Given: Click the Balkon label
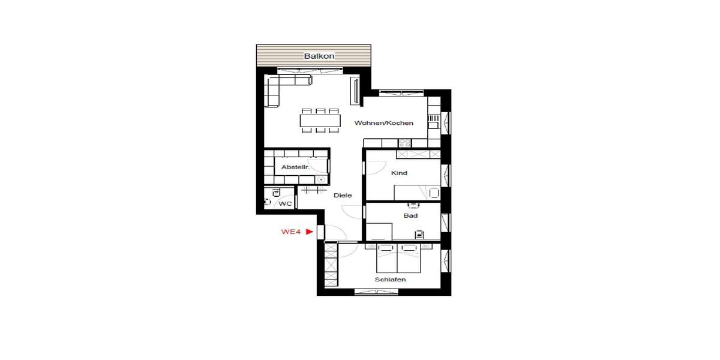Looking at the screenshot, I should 319,56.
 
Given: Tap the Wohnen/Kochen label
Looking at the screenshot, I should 383,123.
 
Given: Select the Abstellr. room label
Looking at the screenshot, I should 295,167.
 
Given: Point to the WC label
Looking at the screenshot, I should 285,204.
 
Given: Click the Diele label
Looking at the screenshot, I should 343,195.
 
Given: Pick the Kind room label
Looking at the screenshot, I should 399,173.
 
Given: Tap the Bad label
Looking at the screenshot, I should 410,215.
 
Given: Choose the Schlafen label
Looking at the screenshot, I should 390,280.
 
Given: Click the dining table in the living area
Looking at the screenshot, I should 320,120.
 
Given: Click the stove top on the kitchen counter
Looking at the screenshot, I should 404,143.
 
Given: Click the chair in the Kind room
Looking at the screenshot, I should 434,193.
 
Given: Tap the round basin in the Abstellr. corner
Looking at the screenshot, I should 322,179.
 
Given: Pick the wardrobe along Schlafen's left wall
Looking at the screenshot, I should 331,264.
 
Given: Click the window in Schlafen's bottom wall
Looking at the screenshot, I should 376,292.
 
